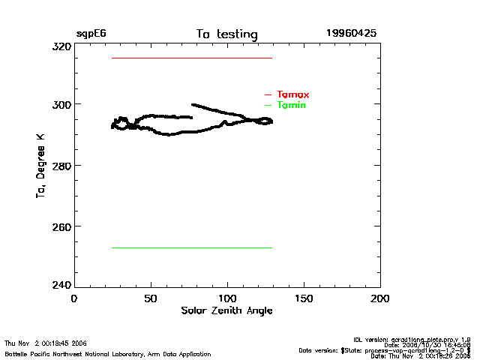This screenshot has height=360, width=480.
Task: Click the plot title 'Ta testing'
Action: (x=226, y=34)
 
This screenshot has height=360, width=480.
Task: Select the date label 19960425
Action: (x=351, y=34)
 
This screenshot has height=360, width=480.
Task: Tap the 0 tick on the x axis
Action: (x=73, y=298)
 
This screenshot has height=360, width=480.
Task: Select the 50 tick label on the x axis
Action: (x=151, y=298)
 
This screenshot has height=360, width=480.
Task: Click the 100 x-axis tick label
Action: (x=227, y=298)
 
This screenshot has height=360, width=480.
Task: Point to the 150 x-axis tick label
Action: (x=304, y=298)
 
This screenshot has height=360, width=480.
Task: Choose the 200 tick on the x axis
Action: (x=380, y=298)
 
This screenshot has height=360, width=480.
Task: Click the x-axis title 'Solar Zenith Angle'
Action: (x=226, y=310)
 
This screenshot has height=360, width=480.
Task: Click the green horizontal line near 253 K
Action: (x=191, y=247)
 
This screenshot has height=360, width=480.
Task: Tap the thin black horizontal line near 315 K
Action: (x=191, y=58)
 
